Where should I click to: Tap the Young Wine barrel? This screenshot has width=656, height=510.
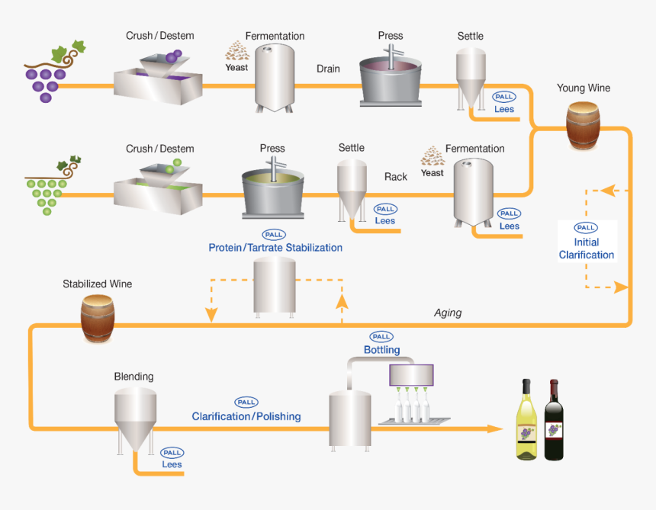click(x=583, y=125)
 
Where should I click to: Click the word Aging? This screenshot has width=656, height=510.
click(x=448, y=313)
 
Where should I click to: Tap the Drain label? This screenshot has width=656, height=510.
click(x=328, y=69)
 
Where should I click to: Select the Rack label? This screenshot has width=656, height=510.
click(x=395, y=177)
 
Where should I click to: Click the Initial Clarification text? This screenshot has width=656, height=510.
click(x=586, y=249)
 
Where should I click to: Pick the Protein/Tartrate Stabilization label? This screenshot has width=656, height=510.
click(x=275, y=248)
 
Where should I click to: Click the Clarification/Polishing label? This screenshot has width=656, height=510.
click(x=246, y=417)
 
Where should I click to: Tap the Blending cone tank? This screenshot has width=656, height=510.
click(x=135, y=420)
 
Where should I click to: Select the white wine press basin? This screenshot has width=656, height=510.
click(x=272, y=190)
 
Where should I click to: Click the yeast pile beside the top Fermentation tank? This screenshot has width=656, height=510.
click(x=236, y=51)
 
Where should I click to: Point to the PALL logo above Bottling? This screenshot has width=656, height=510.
click(x=381, y=336)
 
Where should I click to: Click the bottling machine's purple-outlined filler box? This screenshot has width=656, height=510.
click(x=411, y=374)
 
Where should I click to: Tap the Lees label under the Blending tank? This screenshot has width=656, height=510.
click(x=172, y=464)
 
